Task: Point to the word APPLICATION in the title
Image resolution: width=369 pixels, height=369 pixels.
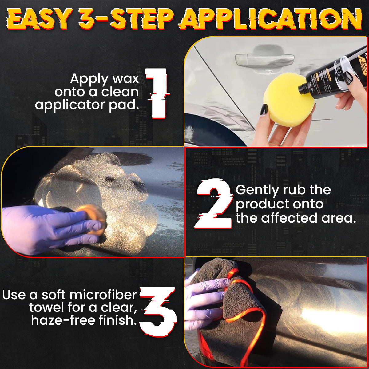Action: pos(271,19)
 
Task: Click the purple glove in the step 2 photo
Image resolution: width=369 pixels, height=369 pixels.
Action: pos(46,228)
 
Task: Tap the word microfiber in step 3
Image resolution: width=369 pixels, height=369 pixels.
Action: pos(106,295)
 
